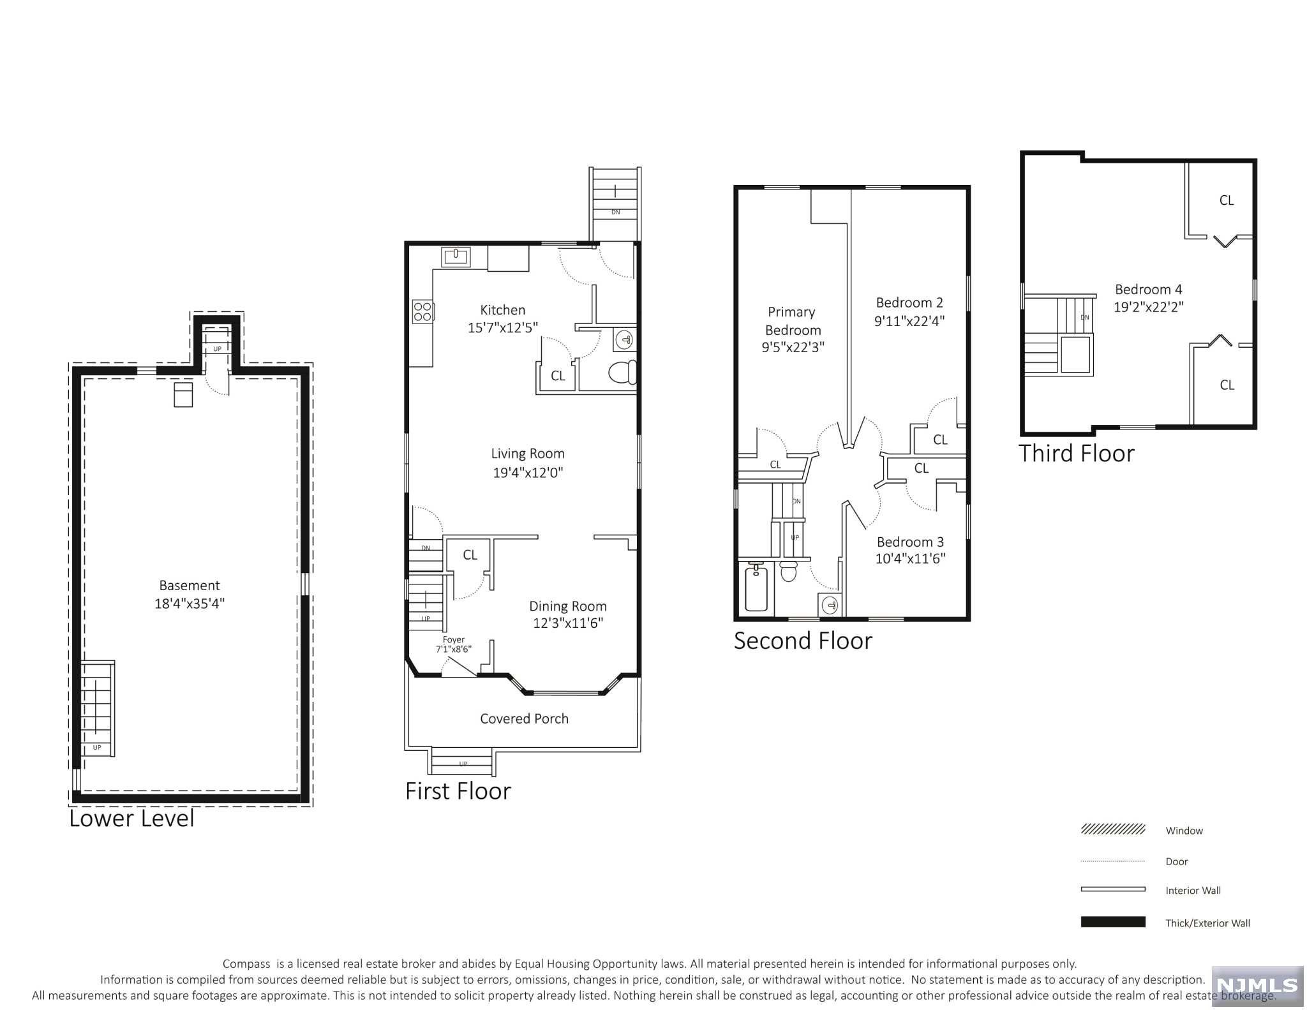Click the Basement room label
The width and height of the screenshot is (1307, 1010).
point(190,586)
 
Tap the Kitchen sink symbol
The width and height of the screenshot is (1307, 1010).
point(456,257)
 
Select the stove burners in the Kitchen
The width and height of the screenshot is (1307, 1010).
point(422,311)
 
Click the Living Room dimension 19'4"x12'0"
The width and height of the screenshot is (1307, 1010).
point(528,473)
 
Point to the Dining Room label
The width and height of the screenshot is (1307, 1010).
point(568,607)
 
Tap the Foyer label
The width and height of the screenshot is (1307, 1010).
point(454,640)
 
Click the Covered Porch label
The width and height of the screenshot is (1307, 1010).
point(524,719)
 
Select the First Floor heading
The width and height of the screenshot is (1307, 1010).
point(458,792)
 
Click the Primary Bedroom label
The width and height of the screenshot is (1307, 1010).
point(792,321)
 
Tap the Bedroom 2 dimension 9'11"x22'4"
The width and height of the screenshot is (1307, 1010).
point(909,321)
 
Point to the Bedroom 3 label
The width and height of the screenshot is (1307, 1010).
point(910,542)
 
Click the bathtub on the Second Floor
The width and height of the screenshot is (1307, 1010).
point(756,588)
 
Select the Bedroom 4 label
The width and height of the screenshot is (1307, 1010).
point(1149,290)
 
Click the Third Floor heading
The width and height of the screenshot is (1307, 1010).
point(1077,454)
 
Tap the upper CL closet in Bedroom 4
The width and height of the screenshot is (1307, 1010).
point(1227,201)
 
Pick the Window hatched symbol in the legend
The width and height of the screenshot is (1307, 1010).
point(1113,829)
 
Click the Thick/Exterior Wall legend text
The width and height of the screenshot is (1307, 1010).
point(1207,923)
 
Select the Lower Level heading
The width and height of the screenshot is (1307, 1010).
point(131,819)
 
